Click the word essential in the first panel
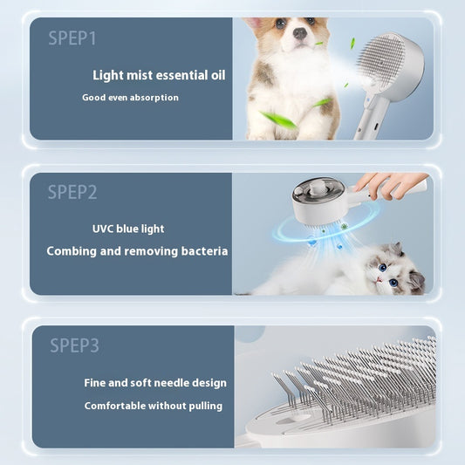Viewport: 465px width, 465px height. click(182, 75)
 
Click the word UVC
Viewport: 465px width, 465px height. click(104, 229)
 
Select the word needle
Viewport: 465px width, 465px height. click(174, 382)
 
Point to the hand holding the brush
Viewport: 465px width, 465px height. click(387, 183)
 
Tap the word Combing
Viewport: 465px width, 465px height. click(72, 250)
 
